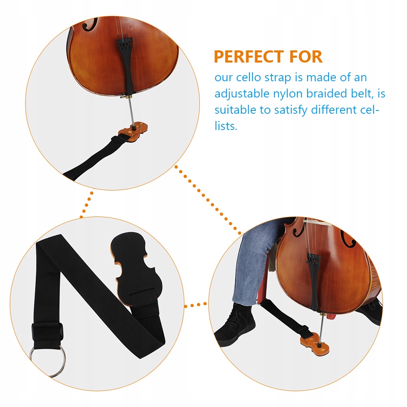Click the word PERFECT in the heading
coord(249,57)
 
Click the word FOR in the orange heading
coord(304,57)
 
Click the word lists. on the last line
coord(226,126)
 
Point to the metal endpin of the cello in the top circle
coord(130,113)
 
